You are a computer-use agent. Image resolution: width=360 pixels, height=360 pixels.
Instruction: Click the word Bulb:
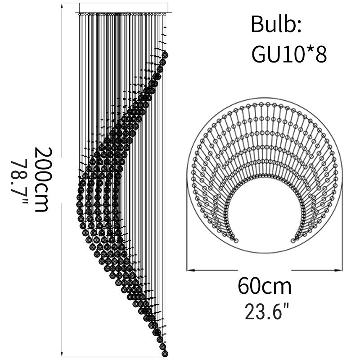point(276,24)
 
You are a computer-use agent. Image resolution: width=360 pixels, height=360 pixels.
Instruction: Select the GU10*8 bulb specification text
point(289,54)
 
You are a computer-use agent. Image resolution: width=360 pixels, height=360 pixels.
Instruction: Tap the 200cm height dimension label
point(43,179)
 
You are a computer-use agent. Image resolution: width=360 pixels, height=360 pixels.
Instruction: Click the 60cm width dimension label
point(265,286)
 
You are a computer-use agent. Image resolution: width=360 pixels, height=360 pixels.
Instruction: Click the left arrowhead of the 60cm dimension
point(190,270)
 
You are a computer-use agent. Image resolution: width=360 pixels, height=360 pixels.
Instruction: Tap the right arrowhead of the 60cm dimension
point(338,270)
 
